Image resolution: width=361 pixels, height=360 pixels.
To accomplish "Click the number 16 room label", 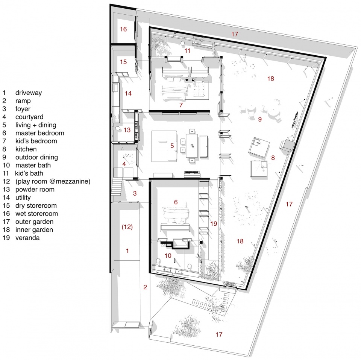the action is pos(123,29).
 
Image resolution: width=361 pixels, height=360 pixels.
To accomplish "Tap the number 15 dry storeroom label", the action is pos(123,62).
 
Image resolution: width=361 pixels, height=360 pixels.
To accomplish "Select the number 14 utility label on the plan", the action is pos(128,94).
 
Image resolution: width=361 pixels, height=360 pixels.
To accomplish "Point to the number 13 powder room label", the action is pos(127,130).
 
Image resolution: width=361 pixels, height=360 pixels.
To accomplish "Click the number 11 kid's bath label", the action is pos(187,51).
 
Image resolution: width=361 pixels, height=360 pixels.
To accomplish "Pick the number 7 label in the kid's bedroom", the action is pos(181,105).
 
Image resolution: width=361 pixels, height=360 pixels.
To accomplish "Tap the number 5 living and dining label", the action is pos(172,146).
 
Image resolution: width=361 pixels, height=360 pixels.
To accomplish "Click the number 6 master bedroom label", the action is pos(176,202).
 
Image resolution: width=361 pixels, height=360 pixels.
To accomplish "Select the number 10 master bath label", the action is pos(168,256).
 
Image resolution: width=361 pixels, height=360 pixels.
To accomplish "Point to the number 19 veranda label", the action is pos(214,224).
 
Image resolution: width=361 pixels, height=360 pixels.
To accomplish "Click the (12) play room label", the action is pos(127,227).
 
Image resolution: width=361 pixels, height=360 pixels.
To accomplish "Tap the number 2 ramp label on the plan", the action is pos(145,287).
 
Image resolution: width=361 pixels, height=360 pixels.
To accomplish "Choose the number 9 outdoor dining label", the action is pos(260,119).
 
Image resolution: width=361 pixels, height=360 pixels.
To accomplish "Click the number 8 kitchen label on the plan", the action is pos(273,158).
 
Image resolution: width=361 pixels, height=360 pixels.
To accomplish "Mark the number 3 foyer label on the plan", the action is pos(135,193).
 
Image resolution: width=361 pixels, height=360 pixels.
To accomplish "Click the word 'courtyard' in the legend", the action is pos(29,117).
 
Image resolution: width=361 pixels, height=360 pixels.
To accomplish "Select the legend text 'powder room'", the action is pos(35,190).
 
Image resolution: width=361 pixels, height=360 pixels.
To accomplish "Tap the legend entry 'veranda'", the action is pos(27,238).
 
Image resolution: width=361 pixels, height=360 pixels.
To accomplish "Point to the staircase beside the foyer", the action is pos(117,187).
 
